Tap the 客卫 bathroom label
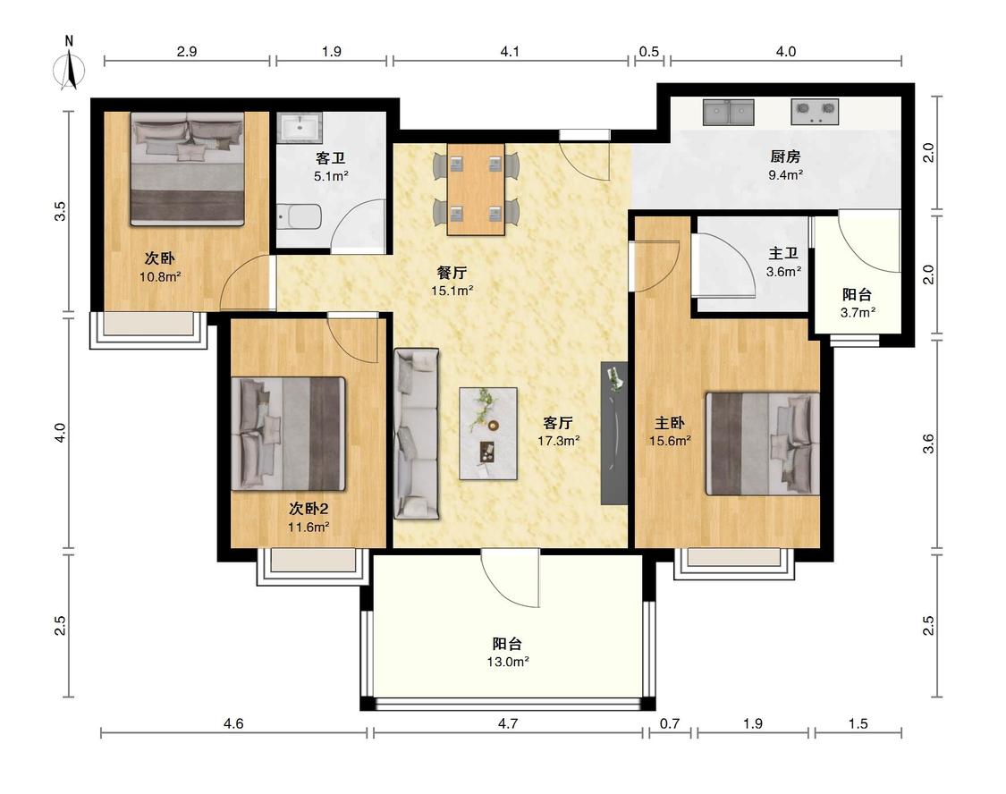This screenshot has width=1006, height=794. pyautogui.click(x=330, y=157)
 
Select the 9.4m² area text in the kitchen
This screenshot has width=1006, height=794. pyautogui.click(x=786, y=174)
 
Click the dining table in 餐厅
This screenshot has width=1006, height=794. pyautogui.click(x=476, y=190)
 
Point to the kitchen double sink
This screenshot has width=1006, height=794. pyautogui.click(x=728, y=112)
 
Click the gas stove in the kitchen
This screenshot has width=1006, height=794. pyautogui.click(x=815, y=112)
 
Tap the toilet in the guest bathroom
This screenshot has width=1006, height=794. pyautogui.click(x=300, y=216)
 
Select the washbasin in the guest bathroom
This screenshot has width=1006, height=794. pyautogui.click(x=299, y=127)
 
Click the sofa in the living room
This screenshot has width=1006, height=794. pyautogui.click(x=417, y=434)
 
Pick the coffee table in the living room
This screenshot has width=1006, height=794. pyautogui.click(x=488, y=434)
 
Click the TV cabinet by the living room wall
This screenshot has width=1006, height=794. pyautogui.click(x=614, y=434)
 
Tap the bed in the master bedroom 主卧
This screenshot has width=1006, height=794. pyautogui.click(x=763, y=443)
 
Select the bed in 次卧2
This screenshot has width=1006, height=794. pyautogui.click(x=288, y=434)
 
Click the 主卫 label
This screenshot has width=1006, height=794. pyautogui.click(x=783, y=253)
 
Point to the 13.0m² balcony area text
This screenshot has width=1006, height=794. pyautogui.click(x=508, y=662)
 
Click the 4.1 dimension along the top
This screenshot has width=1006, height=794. pyautogui.click(x=510, y=51)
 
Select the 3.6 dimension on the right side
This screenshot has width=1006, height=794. pyautogui.click(x=928, y=443)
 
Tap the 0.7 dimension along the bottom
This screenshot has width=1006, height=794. pyautogui.click(x=669, y=723)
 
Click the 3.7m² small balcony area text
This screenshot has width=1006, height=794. pyautogui.click(x=858, y=312)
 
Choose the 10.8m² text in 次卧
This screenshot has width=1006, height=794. pyautogui.click(x=160, y=277)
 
